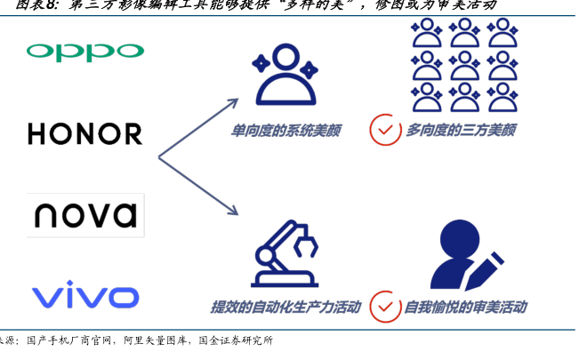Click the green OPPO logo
click(84, 51)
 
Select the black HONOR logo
click(84, 134)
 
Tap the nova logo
click(84, 215)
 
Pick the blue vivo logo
click(84, 295)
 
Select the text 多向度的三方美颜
click(461, 130)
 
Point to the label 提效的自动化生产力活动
click(285, 308)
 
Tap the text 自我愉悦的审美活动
click(464, 308)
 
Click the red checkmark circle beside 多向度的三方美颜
click(384, 130)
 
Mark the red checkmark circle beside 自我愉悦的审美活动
click(384, 307)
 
